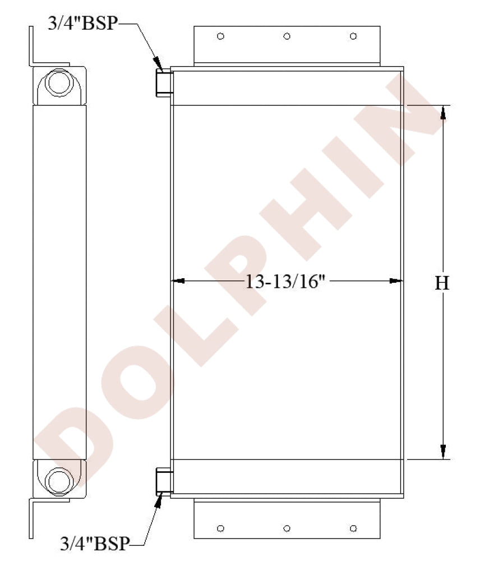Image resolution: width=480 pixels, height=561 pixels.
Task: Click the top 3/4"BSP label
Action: click(x=83, y=23)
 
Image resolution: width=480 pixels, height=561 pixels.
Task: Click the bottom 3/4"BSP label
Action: click(x=95, y=544)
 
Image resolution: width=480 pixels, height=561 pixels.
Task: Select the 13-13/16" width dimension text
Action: click(x=285, y=282)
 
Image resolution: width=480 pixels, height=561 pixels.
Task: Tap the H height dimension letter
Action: click(x=442, y=283)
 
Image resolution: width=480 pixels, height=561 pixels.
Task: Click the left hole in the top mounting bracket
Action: click(x=221, y=36)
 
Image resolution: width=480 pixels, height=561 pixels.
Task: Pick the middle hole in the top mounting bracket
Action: click(x=287, y=36)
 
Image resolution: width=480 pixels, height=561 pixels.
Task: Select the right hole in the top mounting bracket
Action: click(x=353, y=36)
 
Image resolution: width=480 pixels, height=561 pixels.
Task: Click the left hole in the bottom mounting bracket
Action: click(x=221, y=528)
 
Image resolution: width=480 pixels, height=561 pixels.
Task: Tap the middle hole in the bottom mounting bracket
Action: click(x=287, y=528)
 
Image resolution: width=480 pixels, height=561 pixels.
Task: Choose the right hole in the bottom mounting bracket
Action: click(x=353, y=528)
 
